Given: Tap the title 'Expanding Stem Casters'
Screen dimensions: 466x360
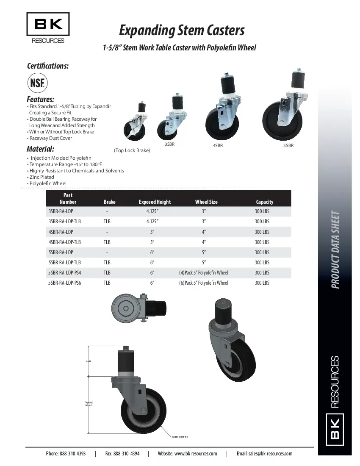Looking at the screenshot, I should [182, 31].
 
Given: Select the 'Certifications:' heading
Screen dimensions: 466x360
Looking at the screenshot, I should [47, 66].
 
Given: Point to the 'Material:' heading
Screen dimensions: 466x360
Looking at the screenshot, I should [40, 149].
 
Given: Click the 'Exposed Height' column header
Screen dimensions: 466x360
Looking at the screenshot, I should [155, 202].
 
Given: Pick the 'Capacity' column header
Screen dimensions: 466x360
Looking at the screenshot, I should [265, 202].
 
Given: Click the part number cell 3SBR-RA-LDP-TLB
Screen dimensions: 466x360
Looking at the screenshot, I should [64, 222].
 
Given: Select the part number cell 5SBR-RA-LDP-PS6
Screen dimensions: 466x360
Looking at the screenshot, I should [64, 283].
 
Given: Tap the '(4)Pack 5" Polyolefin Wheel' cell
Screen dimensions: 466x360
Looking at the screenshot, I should [203, 273].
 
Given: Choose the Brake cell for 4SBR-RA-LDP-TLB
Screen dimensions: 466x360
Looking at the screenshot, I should [107, 242].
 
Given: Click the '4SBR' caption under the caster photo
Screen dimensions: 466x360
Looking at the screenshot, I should [218, 146].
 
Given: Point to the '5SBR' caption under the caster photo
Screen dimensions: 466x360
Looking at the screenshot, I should [288, 146].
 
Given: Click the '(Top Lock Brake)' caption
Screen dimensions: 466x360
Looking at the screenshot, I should [132, 150].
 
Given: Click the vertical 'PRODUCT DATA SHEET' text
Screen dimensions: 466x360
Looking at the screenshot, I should [335, 250].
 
